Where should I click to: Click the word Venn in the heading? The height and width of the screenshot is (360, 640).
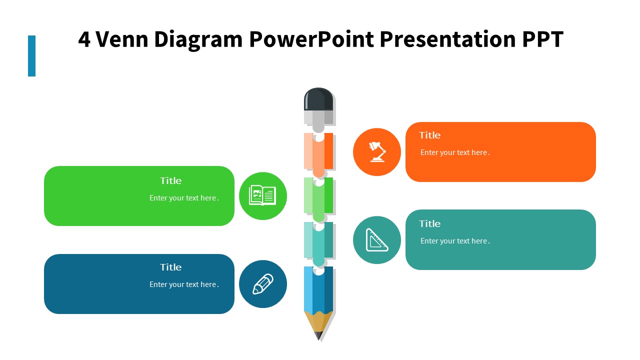[x=121, y=39]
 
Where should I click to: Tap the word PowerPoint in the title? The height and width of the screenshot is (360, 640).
[x=311, y=39]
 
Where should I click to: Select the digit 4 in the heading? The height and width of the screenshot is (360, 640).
[x=84, y=39]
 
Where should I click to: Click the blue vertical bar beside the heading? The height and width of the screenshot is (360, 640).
[x=31, y=56]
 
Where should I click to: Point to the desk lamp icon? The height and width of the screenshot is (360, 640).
[x=377, y=151]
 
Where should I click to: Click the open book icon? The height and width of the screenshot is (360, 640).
[x=262, y=195]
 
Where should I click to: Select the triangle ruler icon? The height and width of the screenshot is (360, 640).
[x=377, y=240]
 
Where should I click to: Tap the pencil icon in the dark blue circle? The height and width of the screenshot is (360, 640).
[x=263, y=284]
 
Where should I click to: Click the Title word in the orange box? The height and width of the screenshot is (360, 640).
[x=429, y=135]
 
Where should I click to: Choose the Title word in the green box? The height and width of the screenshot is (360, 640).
[x=170, y=180]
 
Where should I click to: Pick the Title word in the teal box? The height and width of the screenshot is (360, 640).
[x=429, y=223]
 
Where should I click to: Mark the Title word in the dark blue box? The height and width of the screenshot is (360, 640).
[x=170, y=267]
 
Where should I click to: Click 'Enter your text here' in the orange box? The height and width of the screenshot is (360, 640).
[x=455, y=152]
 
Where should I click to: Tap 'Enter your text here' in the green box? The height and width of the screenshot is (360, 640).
[x=184, y=198]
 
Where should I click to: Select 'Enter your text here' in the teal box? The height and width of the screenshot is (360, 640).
[x=455, y=241]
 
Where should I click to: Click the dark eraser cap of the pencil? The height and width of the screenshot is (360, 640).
[x=318, y=99]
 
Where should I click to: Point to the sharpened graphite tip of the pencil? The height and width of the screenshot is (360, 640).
[x=318, y=335]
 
